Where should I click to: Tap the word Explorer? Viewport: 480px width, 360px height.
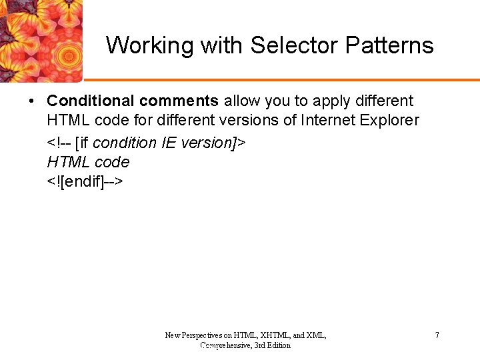(389, 121)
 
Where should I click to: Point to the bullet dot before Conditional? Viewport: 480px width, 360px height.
(31, 102)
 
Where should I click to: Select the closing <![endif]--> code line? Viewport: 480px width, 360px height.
(85, 182)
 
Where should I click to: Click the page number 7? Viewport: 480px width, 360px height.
(437, 335)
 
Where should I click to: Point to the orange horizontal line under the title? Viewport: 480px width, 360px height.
(280, 80)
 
